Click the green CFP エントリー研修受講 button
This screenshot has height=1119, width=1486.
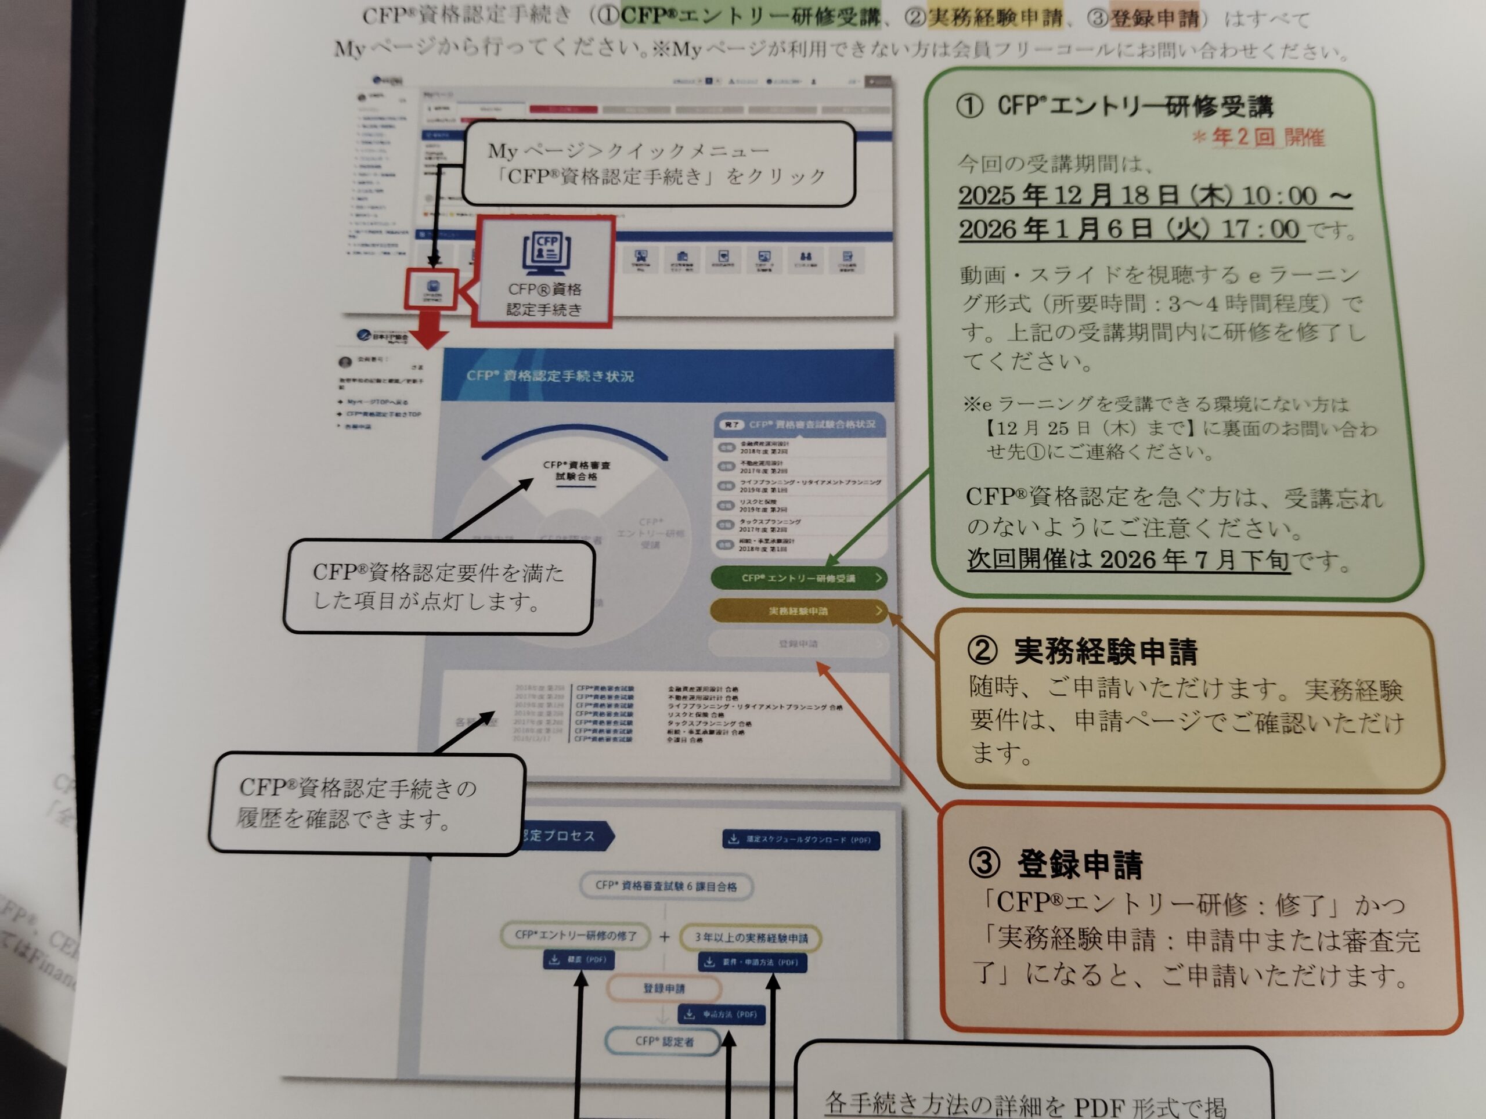(798, 578)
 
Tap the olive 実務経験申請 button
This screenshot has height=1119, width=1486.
(798, 611)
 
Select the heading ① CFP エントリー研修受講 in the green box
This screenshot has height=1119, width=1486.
(1115, 106)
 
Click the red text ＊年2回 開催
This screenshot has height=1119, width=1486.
(1258, 138)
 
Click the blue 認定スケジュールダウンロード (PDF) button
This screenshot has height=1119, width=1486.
(801, 840)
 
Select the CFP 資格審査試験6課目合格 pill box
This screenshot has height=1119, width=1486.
(666, 886)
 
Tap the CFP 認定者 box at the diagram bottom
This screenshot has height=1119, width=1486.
(663, 1042)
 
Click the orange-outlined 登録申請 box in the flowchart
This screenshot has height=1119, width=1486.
(663, 988)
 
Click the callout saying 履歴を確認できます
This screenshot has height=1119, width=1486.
(366, 803)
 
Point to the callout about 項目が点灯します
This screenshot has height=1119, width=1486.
(438, 586)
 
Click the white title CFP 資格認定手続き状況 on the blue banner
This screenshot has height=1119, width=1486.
(550, 376)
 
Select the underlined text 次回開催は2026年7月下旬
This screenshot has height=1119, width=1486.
(1128, 559)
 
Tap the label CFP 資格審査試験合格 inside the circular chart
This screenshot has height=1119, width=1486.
(576, 470)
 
